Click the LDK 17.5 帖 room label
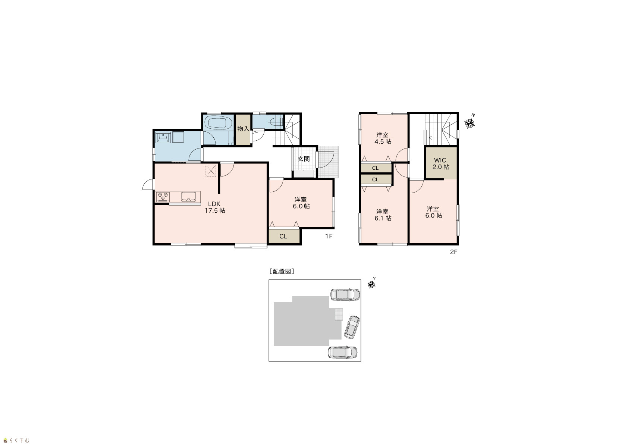pyautogui.click(x=215, y=207)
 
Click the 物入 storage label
pyautogui.click(x=243, y=129)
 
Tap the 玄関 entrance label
pyautogui.click(x=304, y=159)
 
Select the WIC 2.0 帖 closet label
pyautogui.click(x=440, y=164)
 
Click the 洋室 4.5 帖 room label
pyautogui.click(x=383, y=138)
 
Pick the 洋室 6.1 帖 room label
pyautogui.click(x=383, y=215)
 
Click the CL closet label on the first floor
pyautogui.click(x=283, y=237)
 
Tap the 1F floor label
pyautogui.click(x=329, y=236)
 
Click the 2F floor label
pyautogui.click(x=453, y=252)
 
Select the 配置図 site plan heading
pyautogui.click(x=282, y=271)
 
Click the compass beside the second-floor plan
pyautogui.click(x=470, y=122)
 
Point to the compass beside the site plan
pyautogui.click(x=372, y=283)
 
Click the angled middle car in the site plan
pyautogui.click(x=352, y=327)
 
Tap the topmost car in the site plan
pyautogui.click(x=345, y=294)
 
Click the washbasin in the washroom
pyautogui.click(x=163, y=137)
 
